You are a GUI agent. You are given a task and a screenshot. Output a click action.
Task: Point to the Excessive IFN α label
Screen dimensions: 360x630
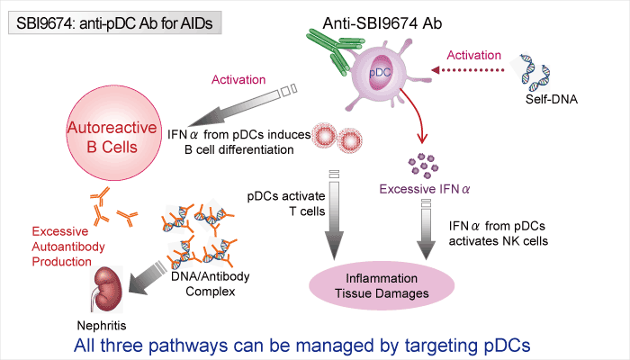pyautogui.click(x=420, y=189)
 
